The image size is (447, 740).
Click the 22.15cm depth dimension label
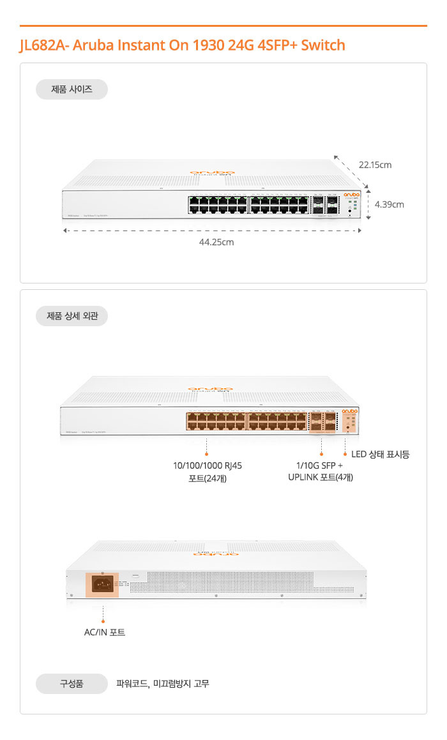[375, 165]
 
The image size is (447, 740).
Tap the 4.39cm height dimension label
[389, 204]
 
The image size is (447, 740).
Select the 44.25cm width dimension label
[216, 242]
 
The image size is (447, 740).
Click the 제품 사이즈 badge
[72, 89]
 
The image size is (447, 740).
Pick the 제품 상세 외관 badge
[72, 316]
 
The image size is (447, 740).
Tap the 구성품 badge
[72, 684]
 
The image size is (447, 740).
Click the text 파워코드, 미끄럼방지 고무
[163, 684]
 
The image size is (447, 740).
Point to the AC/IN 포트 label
[105, 632]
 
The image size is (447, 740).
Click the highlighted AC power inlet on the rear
[102, 584]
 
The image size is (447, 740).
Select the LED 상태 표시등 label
[380, 455]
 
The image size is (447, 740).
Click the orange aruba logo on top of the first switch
[212, 173]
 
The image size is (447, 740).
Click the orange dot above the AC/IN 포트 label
[103, 620]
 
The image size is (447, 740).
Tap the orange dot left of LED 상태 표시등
[345, 454]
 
